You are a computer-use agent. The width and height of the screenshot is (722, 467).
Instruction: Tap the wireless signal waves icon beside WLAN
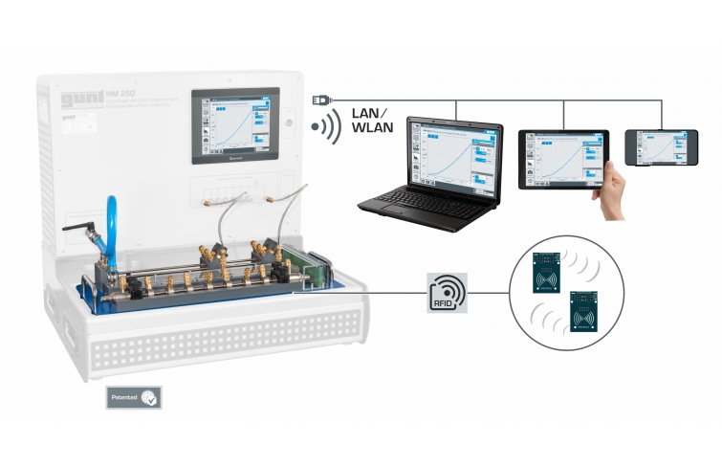point(325,129)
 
